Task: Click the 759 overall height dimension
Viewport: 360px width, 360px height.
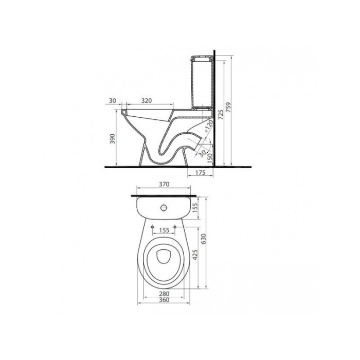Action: pos(228,111)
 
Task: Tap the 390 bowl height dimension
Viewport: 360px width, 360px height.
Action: pos(113,139)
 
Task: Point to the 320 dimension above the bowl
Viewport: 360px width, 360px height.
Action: pos(147,101)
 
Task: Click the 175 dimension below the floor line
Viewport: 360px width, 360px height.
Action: pos(201,173)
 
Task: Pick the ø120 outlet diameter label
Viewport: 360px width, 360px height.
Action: pos(209,127)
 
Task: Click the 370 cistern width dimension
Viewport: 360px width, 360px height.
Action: pos(164,184)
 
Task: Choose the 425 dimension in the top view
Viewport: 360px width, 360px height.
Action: pos(195,255)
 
